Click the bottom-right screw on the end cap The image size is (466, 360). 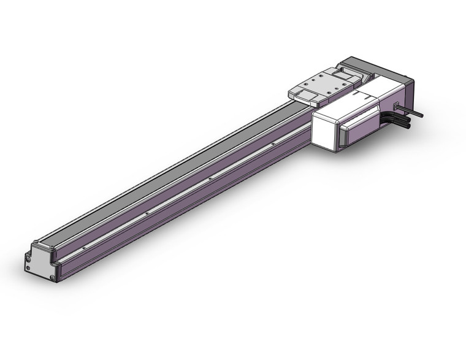tap(53, 278)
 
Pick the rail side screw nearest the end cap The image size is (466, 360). tap(83, 247)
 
